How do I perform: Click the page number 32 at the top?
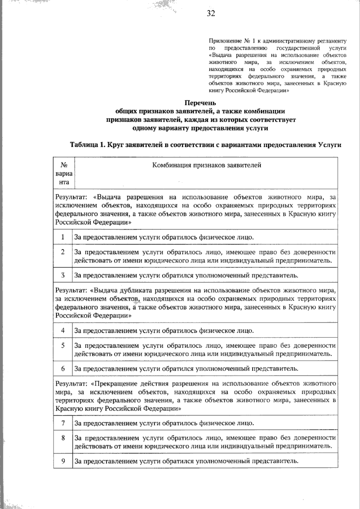[211, 13]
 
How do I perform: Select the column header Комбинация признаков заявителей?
[207, 165]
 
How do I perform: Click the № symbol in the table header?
[64, 165]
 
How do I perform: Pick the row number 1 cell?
[63, 237]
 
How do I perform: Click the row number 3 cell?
[63, 275]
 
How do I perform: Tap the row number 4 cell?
[63, 331]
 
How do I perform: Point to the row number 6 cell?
[63, 369]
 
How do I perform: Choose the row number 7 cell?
[63, 423]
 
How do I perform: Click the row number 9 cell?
[63, 461]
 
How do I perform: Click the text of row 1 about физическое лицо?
[164, 237]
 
